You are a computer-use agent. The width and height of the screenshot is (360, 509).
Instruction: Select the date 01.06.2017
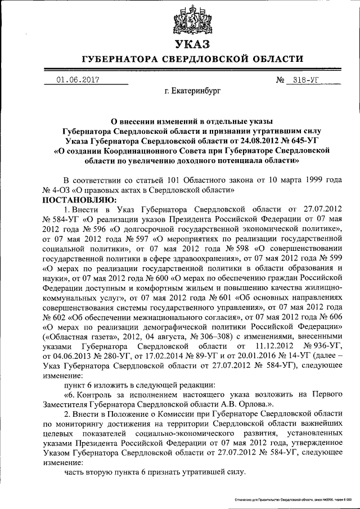78,80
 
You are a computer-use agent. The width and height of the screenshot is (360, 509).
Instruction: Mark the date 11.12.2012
268,346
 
